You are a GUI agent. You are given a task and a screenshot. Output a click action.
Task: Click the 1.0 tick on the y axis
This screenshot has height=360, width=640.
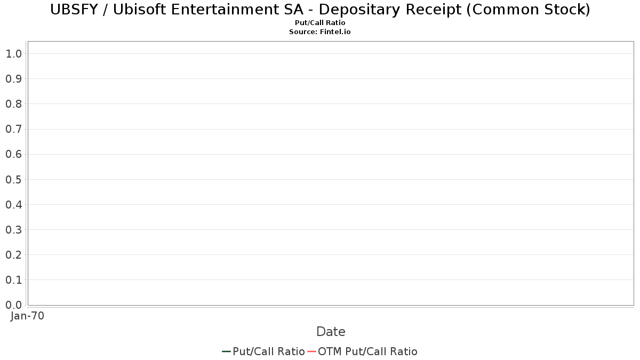pyautogui.click(x=13, y=54)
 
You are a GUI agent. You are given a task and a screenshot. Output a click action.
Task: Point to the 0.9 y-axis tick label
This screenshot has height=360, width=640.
pyautogui.click(x=13, y=79)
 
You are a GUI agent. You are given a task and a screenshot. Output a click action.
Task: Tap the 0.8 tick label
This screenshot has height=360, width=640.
pyautogui.click(x=13, y=104)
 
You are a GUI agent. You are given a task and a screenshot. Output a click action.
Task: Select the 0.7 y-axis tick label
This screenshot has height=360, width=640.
pyautogui.click(x=13, y=129)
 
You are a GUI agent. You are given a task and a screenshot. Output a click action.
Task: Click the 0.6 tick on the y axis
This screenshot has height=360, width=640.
pyautogui.click(x=13, y=155)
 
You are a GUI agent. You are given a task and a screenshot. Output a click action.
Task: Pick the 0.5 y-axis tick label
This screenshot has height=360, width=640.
pyautogui.click(x=13, y=180)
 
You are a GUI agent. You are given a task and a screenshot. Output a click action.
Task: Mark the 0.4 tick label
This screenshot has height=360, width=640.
pyautogui.click(x=13, y=205)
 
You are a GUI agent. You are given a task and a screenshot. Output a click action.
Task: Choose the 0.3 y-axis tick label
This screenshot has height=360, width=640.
pyautogui.click(x=13, y=230)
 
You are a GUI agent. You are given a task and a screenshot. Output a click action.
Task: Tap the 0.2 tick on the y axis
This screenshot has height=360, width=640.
pyautogui.click(x=13, y=255)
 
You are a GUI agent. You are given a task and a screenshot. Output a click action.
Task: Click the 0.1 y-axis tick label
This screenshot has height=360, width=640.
pyautogui.click(x=13, y=280)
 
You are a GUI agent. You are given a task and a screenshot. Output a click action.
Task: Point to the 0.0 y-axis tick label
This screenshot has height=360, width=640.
pyautogui.click(x=13, y=305)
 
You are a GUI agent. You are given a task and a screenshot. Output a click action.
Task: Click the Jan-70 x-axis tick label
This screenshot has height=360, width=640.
pyautogui.click(x=28, y=316)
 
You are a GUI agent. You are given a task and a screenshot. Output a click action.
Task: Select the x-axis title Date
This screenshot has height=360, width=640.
pyautogui.click(x=331, y=332)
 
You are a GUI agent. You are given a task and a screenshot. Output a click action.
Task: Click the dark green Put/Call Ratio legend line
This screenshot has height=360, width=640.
pyautogui.click(x=226, y=351)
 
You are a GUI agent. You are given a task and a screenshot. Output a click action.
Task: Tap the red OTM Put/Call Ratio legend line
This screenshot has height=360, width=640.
pyautogui.click(x=311, y=351)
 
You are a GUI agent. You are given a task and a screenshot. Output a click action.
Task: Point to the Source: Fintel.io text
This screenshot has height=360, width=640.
pyautogui.click(x=320, y=32)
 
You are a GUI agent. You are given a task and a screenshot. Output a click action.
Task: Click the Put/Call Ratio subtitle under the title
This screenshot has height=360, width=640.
pyautogui.click(x=320, y=23)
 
